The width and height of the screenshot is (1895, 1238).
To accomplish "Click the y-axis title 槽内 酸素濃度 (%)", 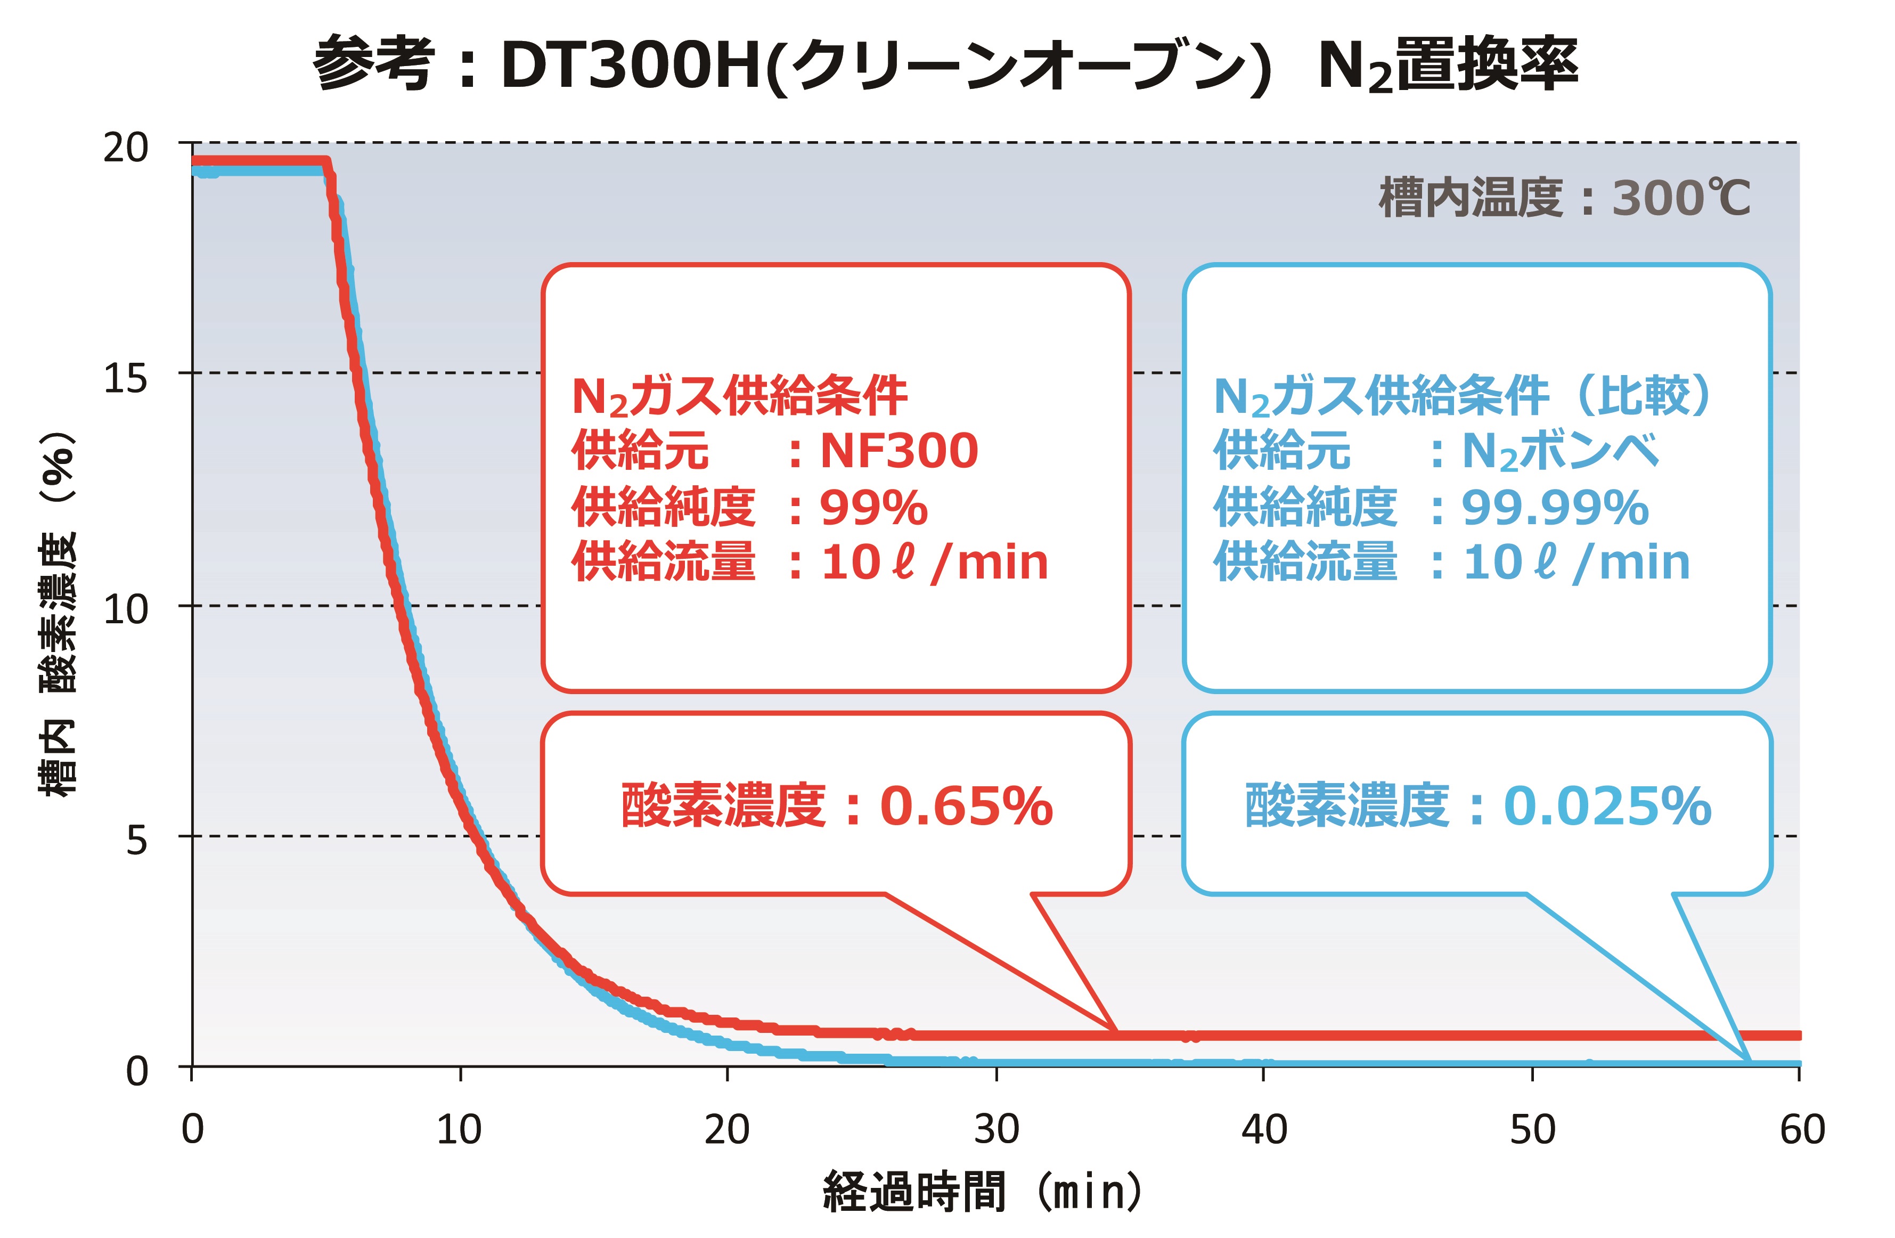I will [x=58, y=613].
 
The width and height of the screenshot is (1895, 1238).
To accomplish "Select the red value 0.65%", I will [x=966, y=807].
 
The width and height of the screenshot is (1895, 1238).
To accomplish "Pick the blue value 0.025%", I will [x=1607, y=807].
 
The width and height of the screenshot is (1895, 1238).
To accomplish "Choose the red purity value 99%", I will [x=873, y=507].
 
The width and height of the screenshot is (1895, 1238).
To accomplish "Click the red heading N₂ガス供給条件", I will [x=739, y=396].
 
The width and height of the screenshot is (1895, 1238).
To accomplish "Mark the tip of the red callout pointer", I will [x=1115, y=1032].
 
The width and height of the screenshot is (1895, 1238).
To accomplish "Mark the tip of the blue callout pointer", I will [x=1749, y=1061].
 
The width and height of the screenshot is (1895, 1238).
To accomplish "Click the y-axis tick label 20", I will [x=126, y=147].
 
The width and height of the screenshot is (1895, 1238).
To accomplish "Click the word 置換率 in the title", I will [x=1488, y=64].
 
